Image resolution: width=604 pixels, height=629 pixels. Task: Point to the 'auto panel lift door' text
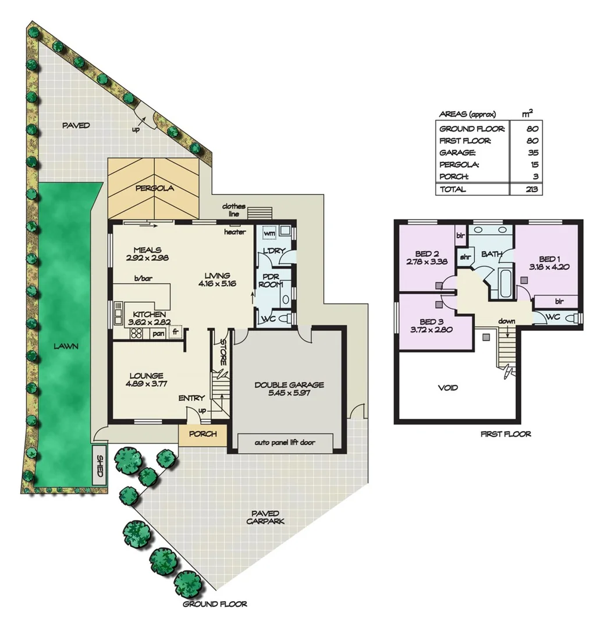[285, 442]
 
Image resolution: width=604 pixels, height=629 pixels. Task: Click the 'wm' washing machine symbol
[269, 233]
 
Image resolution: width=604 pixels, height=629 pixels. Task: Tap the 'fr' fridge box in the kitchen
[175, 332]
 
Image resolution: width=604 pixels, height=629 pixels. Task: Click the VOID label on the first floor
[447, 387]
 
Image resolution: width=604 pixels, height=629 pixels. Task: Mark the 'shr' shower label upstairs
[465, 256]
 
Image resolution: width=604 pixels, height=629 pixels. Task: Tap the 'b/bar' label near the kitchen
[143, 279]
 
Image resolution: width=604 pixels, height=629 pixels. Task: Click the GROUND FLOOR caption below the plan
[215, 604]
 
